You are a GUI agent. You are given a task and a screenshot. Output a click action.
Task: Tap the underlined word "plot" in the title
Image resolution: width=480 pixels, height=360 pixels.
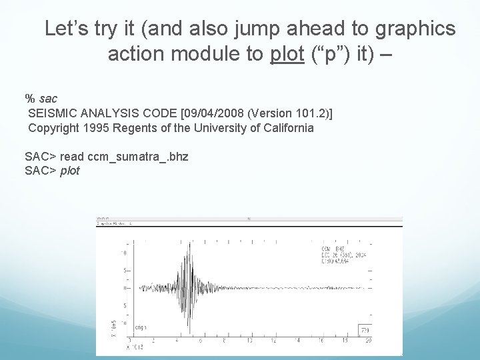[287, 54]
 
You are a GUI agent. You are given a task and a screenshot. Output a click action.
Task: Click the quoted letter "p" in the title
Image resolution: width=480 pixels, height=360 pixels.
[325, 54]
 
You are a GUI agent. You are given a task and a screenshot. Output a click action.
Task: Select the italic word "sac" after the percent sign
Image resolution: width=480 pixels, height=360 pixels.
[48, 99]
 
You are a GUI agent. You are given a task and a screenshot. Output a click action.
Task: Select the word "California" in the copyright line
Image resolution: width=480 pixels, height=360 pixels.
[283, 128]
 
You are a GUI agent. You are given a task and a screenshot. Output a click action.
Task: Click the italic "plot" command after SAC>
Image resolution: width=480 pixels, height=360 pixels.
[70, 171]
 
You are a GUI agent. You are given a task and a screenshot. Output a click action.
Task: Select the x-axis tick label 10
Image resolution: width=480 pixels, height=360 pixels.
[249, 341]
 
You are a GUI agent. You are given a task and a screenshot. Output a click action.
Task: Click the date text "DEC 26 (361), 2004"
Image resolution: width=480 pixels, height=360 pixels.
[341, 254]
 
